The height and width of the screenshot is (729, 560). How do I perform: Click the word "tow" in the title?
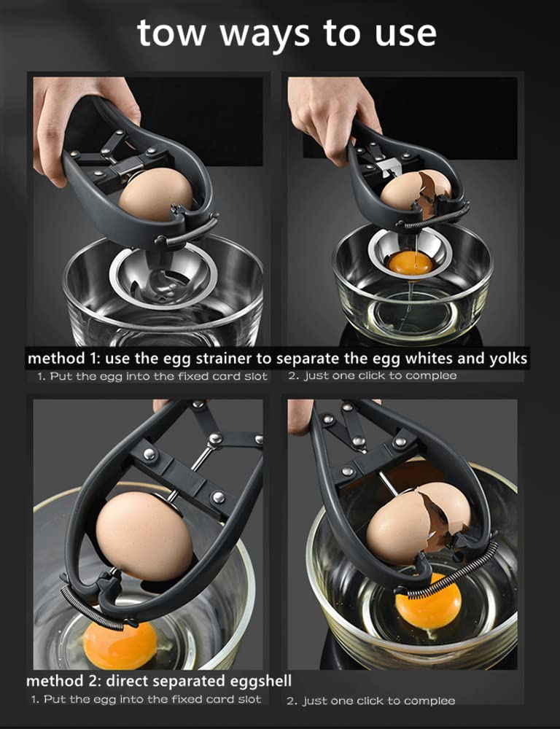(x=171, y=33)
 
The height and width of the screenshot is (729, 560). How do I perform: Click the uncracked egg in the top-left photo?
(x=155, y=194)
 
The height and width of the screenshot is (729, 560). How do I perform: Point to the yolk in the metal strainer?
(x=411, y=263)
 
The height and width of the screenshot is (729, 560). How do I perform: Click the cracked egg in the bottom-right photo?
(x=418, y=523)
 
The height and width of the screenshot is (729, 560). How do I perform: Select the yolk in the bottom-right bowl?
(x=428, y=600)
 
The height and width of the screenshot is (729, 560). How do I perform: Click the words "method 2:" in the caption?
(x=63, y=681)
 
